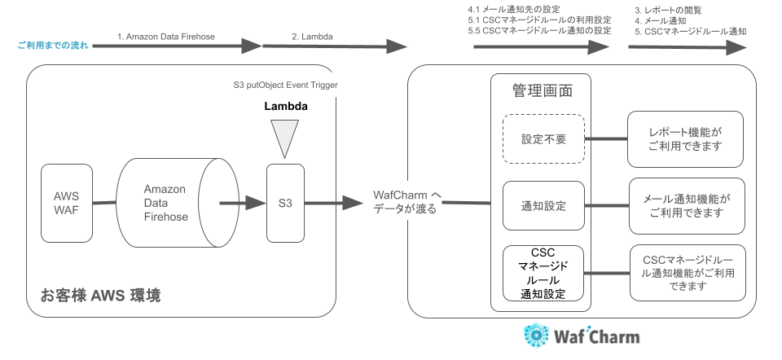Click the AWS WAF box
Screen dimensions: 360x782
tap(67, 203)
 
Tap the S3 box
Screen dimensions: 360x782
tap(285, 203)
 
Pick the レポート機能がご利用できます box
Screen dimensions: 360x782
tap(685, 138)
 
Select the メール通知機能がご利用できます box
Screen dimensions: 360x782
tap(685, 206)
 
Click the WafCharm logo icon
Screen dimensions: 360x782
tap(536, 336)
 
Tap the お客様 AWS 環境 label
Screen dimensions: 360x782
tap(100, 296)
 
